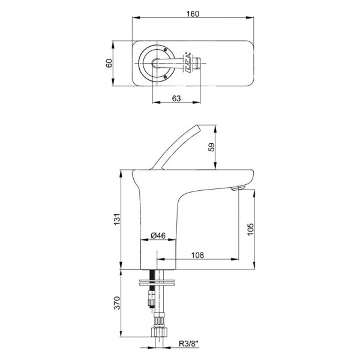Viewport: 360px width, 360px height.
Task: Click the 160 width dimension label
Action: tap(193, 14)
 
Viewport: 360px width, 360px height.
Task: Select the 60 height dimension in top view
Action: tap(109, 63)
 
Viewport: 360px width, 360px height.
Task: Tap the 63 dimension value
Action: tap(176, 98)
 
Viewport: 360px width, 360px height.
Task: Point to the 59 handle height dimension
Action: tap(212, 147)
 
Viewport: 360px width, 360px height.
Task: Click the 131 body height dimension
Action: tap(118, 219)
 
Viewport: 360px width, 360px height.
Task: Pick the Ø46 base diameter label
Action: tap(158, 235)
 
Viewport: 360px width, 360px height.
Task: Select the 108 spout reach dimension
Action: tap(197, 255)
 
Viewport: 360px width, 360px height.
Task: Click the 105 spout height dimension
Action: tap(250, 229)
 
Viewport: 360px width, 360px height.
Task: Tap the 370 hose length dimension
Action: tap(118, 303)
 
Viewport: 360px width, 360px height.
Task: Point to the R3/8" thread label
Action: tap(188, 344)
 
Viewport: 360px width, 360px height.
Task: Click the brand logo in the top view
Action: tap(187, 62)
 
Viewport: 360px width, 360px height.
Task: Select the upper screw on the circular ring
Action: tap(165, 49)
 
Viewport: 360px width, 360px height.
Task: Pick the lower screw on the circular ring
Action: tap(165, 77)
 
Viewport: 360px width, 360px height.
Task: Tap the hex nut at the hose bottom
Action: tap(159, 332)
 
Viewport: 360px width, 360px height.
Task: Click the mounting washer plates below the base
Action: tap(157, 283)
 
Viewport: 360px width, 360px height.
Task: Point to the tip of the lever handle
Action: tap(197, 125)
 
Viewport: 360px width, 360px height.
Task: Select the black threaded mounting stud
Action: tap(152, 280)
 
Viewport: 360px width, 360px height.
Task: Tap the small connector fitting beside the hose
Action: tap(152, 298)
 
